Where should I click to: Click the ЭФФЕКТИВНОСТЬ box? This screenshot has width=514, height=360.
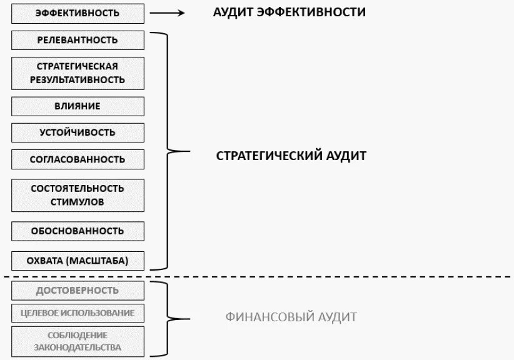pyautogui.click(x=78, y=12)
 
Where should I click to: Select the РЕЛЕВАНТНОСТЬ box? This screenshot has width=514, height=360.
pyautogui.click(x=78, y=40)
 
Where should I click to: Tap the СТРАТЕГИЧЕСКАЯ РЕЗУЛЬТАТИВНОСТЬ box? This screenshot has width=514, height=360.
pyautogui.click(x=78, y=73)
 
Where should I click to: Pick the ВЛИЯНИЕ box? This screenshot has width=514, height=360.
pyautogui.click(x=78, y=106)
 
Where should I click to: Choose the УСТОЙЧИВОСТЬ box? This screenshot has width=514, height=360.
pyautogui.click(x=78, y=132)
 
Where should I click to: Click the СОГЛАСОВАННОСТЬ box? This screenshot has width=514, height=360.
pyautogui.click(x=78, y=159)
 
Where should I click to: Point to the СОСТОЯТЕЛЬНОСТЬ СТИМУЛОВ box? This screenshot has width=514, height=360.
pyautogui.click(x=78, y=195)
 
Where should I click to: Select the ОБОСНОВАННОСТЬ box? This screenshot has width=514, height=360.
pyautogui.click(x=78, y=231)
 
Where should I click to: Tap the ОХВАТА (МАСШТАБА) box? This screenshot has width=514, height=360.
pyautogui.click(x=78, y=261)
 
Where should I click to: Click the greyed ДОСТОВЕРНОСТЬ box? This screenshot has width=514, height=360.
pyautogui.click(x=78, y=291)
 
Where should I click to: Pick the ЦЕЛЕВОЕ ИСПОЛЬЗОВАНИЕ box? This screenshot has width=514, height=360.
pyautogui.click(x=78, y=312)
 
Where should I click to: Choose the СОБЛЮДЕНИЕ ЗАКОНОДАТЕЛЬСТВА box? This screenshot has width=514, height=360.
pyautogui.click(x=78, y=341)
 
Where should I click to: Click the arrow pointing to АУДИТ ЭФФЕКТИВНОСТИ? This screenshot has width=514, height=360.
pyautogui.click(x=168, y=12)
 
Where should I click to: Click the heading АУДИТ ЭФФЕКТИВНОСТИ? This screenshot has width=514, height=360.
pyautogui.click(x=290, y=12)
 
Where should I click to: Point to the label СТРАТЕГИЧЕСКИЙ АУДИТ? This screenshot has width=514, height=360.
pyautogui.click(x=291, y=156)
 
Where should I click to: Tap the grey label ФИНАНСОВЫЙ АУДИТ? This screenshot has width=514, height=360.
pyautogui.click(x=291, y=317)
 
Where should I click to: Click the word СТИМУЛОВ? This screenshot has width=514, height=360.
pyautogui.click(x=78, y=202)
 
